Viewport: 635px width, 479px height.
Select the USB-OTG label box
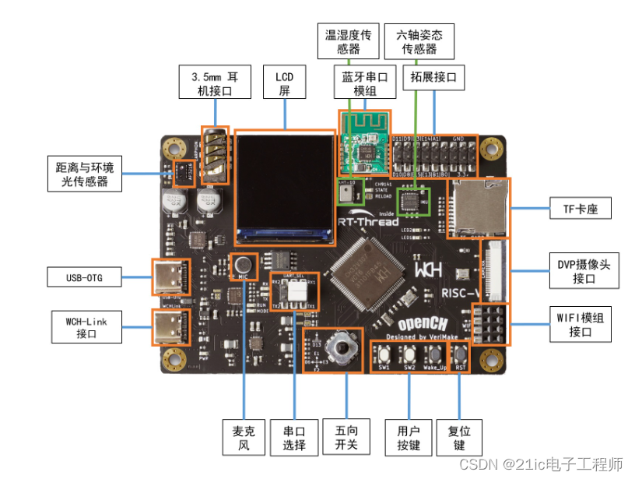[x=85, y=276]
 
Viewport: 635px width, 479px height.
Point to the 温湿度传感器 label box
[x=348, y=41]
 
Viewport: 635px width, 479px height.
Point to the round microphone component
[x=243, y=265]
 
